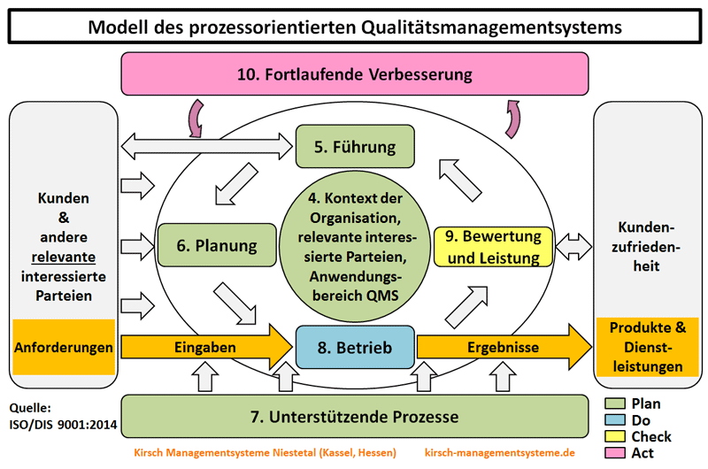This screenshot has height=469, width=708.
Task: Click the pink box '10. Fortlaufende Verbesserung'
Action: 354,73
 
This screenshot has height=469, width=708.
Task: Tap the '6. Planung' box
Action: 215,246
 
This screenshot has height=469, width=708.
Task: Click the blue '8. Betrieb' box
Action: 354,347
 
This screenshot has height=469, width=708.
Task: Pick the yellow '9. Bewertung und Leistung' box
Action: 493,247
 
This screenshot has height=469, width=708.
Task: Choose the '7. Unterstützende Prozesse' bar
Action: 354,416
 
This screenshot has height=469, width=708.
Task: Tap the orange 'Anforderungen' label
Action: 64,347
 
